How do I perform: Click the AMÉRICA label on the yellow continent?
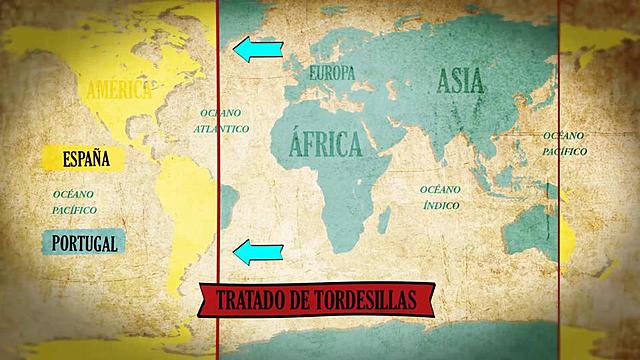[118, 91]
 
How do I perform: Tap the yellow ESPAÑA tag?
[86, 158]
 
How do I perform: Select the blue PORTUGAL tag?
[86, 242]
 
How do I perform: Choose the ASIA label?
[459, 79]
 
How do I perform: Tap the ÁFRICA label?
[324, 146]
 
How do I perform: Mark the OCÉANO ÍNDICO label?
[440, 196]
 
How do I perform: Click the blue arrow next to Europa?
[258, 48]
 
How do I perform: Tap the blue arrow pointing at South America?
[258, 253]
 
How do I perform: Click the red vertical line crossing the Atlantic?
[218, 180]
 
